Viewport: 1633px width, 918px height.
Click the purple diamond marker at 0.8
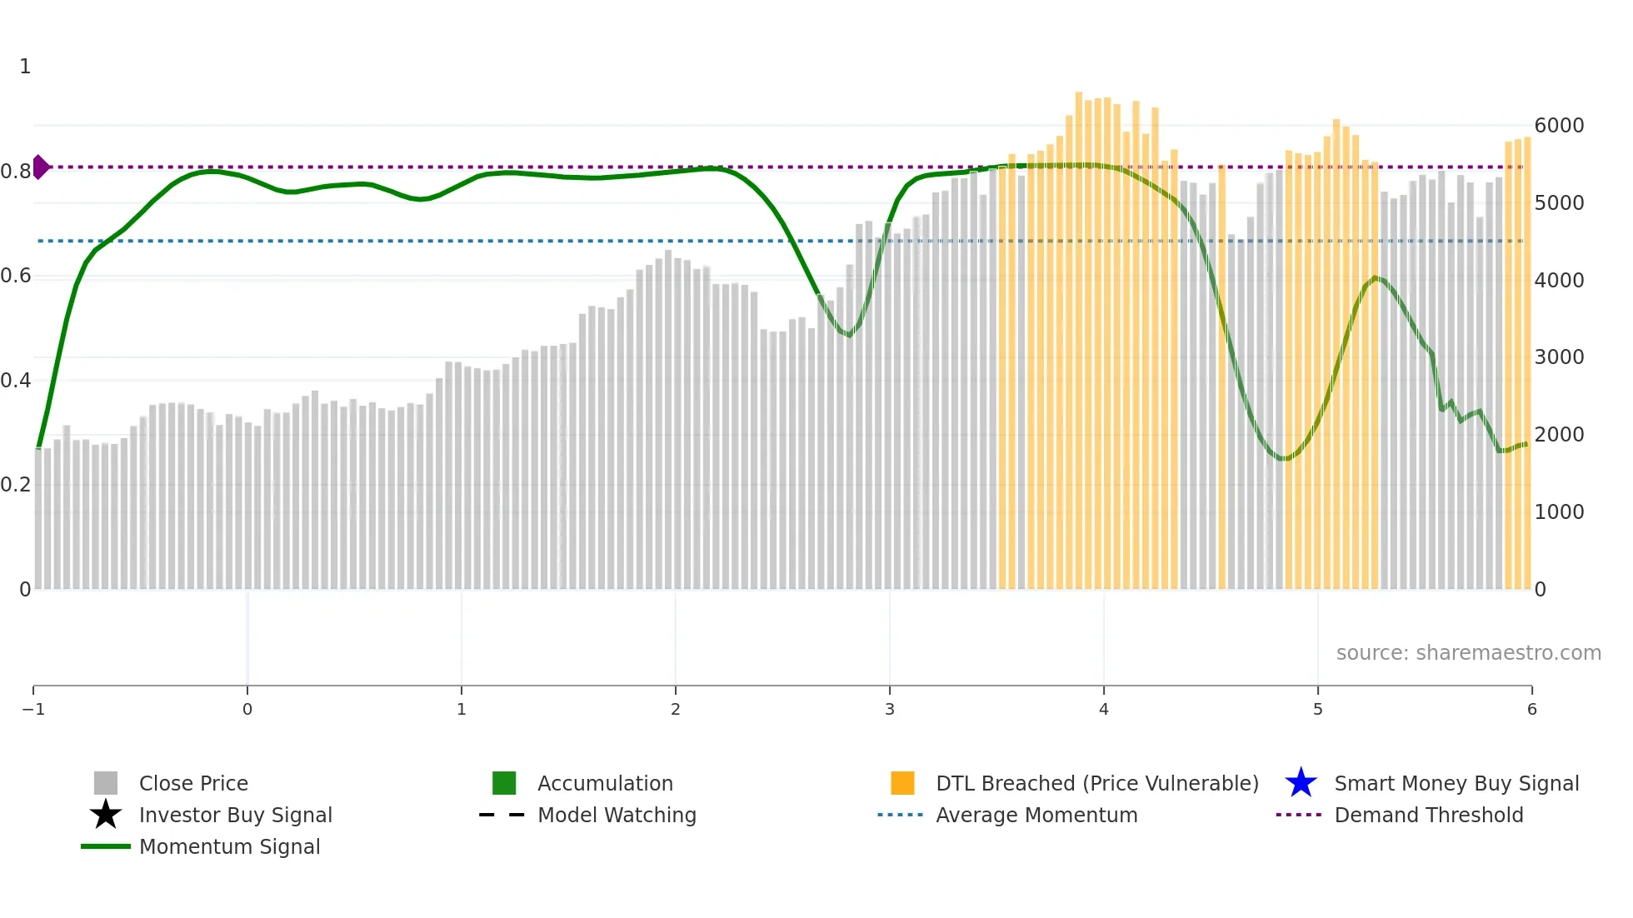click(40, 167)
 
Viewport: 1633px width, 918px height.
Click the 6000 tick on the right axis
click(1559, 126)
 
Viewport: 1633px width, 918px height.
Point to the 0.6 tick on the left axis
click(16, 276)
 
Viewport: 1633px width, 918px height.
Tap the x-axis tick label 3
click(889, 709)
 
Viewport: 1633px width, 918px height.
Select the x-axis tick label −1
click(33, 709)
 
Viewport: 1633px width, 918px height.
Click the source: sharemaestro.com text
click(1468, 652)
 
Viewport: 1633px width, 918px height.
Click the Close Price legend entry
click(193, 783)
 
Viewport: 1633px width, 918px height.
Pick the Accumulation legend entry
click(605, 783)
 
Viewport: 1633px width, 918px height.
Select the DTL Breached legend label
click(1096, 783)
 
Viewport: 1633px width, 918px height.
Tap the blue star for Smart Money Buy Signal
click(1301, 783)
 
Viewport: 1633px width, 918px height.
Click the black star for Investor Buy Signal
click(106, 815)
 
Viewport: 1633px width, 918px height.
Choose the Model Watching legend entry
click(617, 815)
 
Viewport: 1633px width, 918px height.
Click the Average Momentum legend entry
click(1036, 815)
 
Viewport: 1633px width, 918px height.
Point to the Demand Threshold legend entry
click(1428, 815)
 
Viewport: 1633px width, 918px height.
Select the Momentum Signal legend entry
click(229, 846)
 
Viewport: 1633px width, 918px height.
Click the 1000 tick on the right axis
click(1559, 511)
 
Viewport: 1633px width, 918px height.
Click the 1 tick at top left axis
click(25, 67)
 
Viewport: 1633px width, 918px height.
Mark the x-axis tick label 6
click(1531, 709)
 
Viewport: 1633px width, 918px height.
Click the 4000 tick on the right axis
click(1559, 281)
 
